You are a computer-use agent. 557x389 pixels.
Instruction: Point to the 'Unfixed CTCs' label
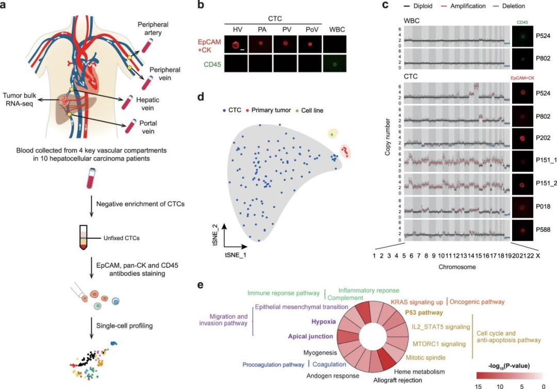(x=111, y=238)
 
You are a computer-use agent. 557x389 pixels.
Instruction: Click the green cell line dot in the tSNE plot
(x=332, y=134)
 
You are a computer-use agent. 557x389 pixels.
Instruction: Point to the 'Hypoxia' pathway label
(x=323, y=321)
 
